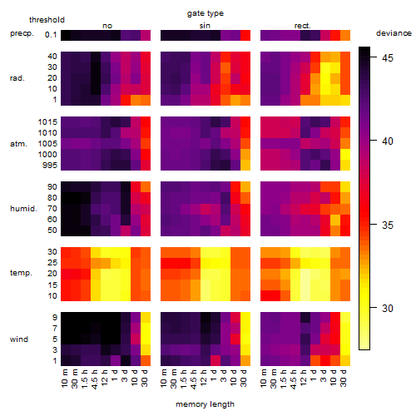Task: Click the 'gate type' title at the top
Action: [x=206, y=13]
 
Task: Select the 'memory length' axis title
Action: [x=205, y=404]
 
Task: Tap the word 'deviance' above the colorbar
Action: [x=394, y=33]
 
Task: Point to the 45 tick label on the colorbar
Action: [x=388, y=57]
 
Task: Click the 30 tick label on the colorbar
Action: [x=388, y=308]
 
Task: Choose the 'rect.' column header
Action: [x=302, y=26]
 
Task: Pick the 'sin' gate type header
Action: [x=205, y=26]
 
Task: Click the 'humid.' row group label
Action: [x=23, y=209]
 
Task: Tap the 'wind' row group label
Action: [x=19, y=339]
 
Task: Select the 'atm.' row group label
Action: [x=18, y=144]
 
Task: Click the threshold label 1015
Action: [x=47, y=122]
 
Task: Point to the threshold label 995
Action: [x=50, y=166]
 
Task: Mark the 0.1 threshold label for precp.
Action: [x=51, y=35]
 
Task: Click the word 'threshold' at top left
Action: [x=47, y=20]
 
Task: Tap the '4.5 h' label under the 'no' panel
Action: [x=95, y=379]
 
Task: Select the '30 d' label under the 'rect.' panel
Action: [x=344, y=379]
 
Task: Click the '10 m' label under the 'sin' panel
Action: [x=164, y=379]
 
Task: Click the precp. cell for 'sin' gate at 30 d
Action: [x=245, y=35]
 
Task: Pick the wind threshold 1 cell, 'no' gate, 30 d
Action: [x=146, y=360]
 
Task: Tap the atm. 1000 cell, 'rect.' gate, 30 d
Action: [x=345, y=154]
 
